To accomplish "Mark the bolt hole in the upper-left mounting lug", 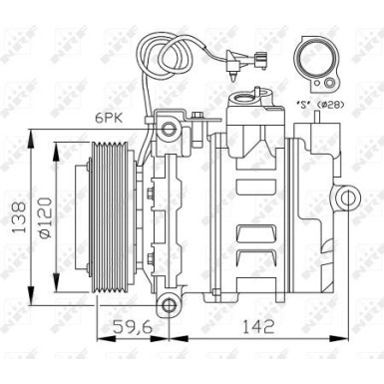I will point(171,129).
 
